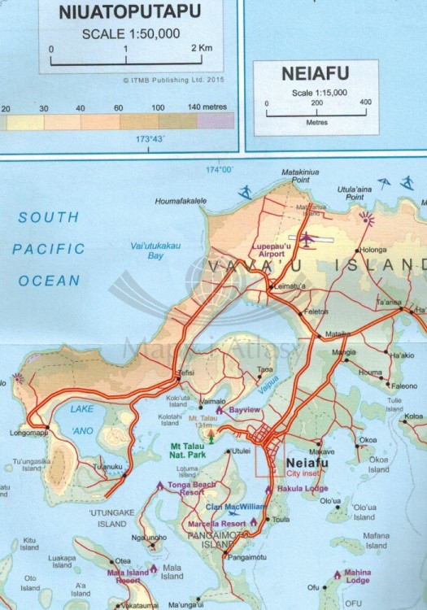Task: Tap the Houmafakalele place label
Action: coord(185,200)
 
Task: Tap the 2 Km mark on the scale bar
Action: coord(201,49)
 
